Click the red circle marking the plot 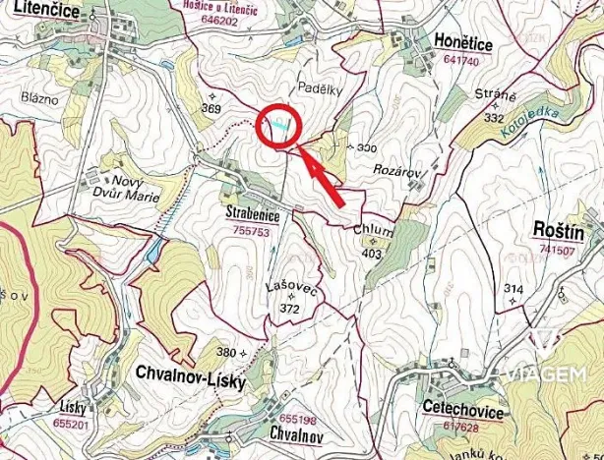click(x=278, y=125)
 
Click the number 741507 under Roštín click(x=556, y=250)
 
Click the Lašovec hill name click(x=289, y=288)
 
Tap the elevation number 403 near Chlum click(x=371, y=253)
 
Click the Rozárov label click(x=397, y=170)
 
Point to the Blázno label click(x=38, y=97)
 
